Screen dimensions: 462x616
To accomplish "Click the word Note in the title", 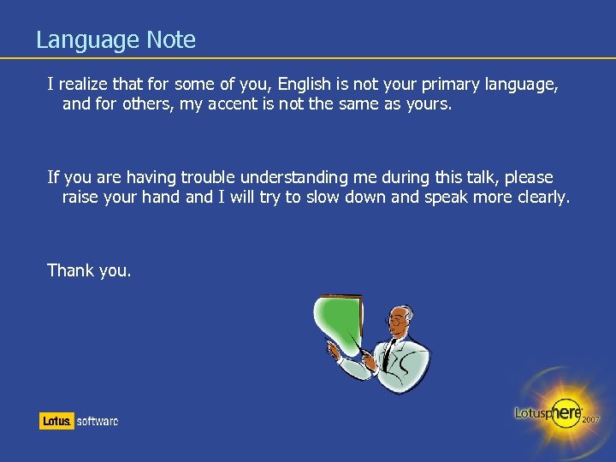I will (x=171, y=39).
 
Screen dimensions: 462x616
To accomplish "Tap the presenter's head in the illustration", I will (x=399, y=321).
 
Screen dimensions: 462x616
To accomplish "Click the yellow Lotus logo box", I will (x=56, y=421).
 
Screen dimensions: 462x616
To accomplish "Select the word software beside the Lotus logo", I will (x=97, y=421).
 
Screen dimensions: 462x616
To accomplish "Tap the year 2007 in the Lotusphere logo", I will (x=591, y=420).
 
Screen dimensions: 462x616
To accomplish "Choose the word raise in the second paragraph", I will (x=83, y=198).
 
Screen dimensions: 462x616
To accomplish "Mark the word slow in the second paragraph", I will (x=331, y=198).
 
